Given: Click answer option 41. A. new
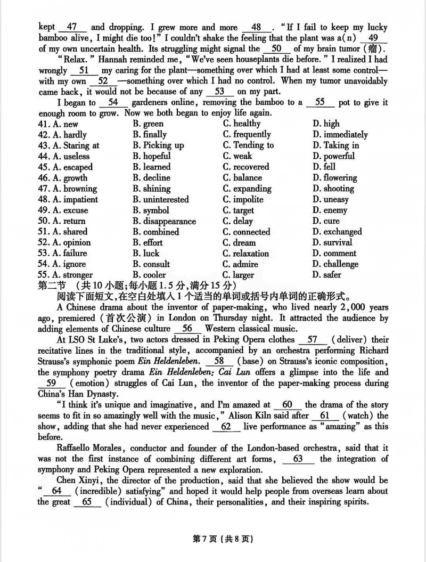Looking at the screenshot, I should coord(58,124).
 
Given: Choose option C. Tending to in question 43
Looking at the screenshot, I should coord(248,145).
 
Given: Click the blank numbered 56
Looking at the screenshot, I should coord(187,329).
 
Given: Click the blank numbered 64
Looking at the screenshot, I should coord(58,491).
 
